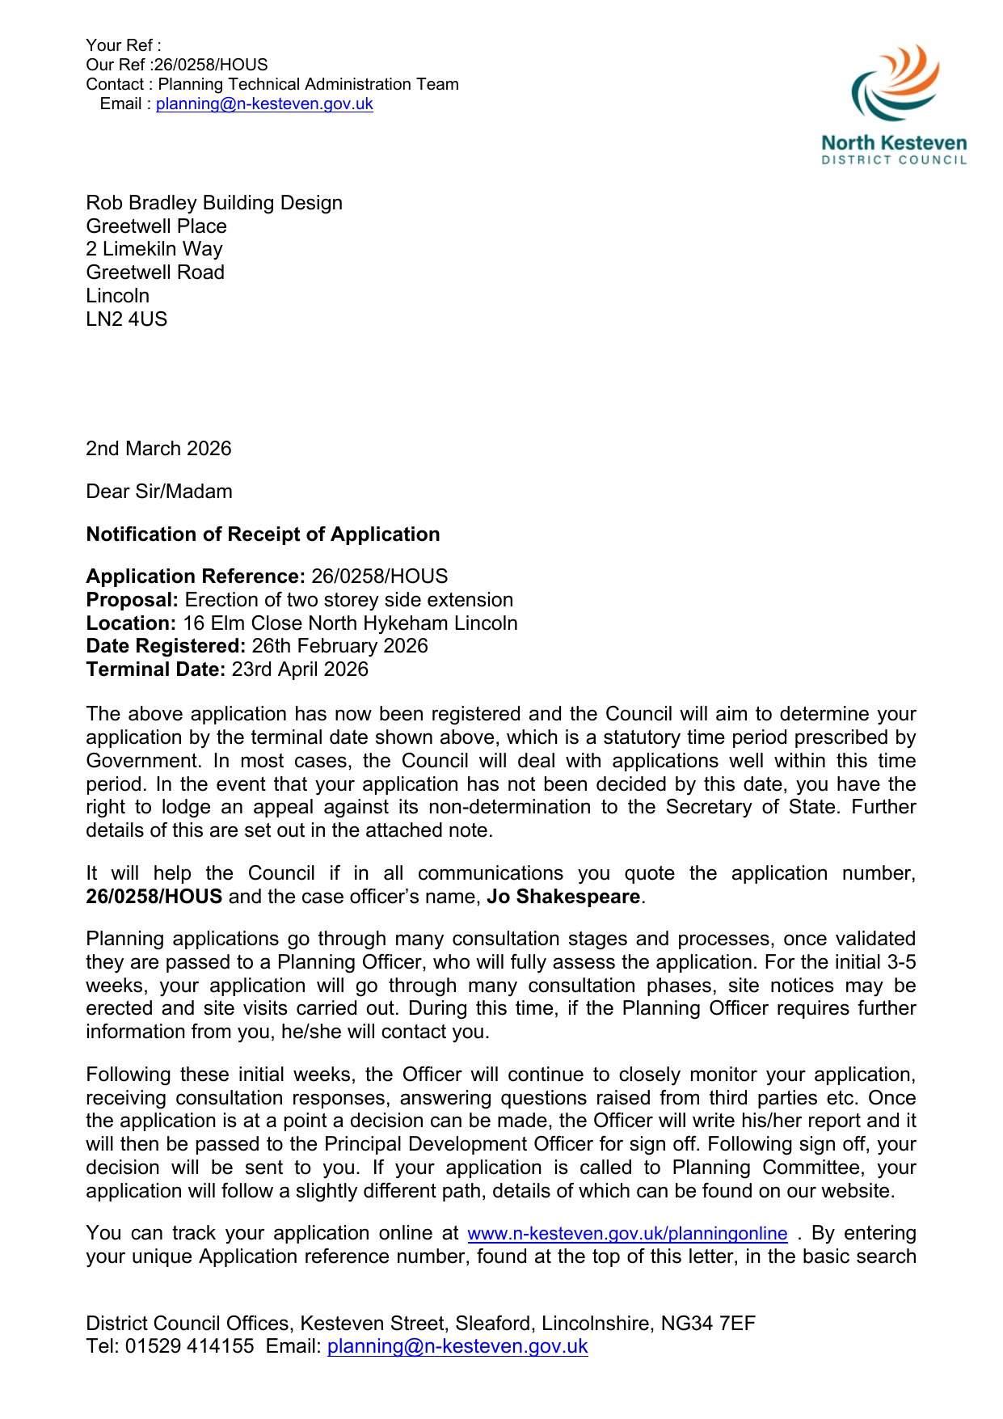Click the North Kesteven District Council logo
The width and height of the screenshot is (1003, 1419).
pyautogui.click(x=894, y=105)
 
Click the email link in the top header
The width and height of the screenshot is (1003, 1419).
pyautogui.click(x=264, y=104)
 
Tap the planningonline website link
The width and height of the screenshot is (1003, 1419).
pyautogui.click(x=627, y=1234)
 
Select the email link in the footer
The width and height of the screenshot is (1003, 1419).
pyautogui.click(x=457, y=1346)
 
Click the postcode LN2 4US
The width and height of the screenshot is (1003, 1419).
pyautogui.click(x=127, y=319)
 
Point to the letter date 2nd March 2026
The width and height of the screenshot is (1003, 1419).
pyautogui.click(x=158, y=449)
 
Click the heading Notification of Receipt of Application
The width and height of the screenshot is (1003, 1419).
pyautogui.click(x=263, y=534)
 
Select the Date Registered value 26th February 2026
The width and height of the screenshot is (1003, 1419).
pyautogui.click(x=339, y=646)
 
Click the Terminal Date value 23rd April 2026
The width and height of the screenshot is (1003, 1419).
pyautogui.click(x=300, y=669)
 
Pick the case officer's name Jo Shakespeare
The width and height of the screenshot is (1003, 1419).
pyautogui.click(x=563, y=897)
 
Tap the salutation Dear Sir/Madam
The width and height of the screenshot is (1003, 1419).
pyautogui.click(x=159, y=492)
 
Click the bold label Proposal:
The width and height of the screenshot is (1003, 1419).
pyautogui.click(x=133, y=600)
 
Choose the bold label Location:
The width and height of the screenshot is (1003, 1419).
pyautogui.click(x=131, y=623)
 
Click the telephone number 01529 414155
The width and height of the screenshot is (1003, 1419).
pyautogui.click(x=189, y=1346)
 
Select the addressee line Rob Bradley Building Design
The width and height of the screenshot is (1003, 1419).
pyautogui.click(x=214, y=203)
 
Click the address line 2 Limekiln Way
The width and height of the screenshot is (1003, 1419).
pyautogui.click(x=154, y=249)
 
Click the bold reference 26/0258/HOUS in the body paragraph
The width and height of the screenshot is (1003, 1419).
pyautogui.click(x=154, y=897)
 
